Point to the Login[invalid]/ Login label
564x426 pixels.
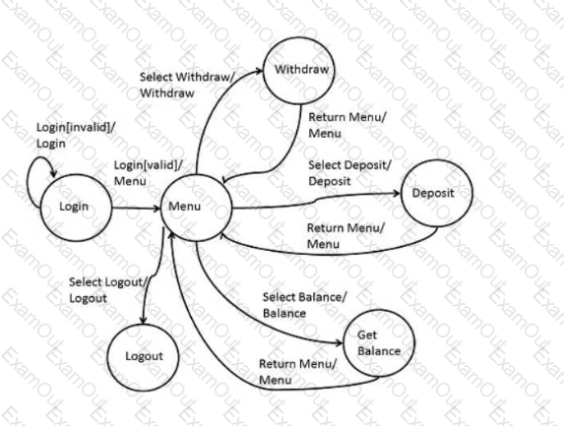click(x=76, y=135)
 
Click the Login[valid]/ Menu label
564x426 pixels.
click(x=149, y=173)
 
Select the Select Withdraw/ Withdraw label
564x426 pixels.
click(x=187, y=85)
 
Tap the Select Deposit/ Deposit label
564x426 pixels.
click(x=349, y=173)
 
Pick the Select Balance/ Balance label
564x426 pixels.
click(x=304, y=305)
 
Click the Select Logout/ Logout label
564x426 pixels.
click(x=108, y=290)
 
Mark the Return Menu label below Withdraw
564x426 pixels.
click(x=347, y=125)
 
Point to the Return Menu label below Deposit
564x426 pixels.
click(x=345, y=236)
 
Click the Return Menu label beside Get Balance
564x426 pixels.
click(x=298, y=372)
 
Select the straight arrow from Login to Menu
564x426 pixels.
click(x=136, y=208)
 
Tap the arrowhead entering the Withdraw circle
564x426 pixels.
click(x=259, y=71)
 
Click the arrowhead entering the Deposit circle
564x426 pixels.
click(x=397, y=194)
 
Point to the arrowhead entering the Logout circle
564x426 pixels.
click(x=143, y=320)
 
